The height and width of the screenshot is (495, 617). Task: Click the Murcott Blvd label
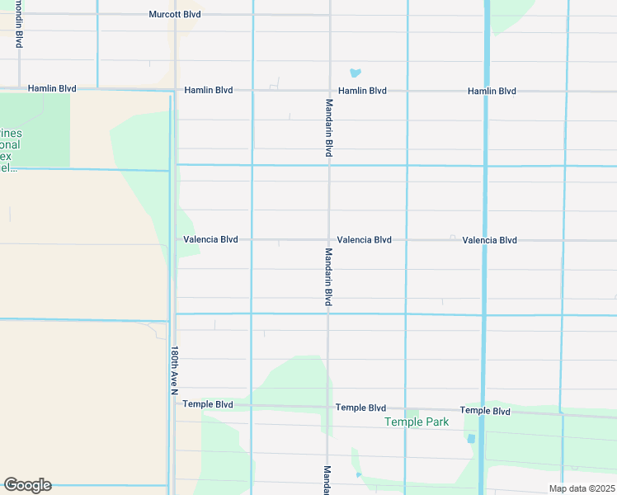pyautogui.click(x=174, y=15)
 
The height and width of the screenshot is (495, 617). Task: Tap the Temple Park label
pyautogui.click(x=417, y=422)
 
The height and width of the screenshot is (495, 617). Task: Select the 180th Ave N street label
pyautogui.click(x=174, y=369)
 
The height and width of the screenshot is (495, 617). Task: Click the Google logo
pyautogui.click(x=27, y=485)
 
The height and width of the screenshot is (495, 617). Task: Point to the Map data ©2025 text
pyautogui.click(x=582, y=488)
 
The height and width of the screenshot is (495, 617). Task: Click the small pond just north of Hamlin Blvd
pyautogui.click(x=356, y=73)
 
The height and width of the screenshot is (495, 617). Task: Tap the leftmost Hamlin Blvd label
pyautogui.click(x=53, y=87)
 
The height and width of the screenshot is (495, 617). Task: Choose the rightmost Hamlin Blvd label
pyautogui.click(x=492, y=91)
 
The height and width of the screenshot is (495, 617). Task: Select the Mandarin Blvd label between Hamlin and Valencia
pyautogui.click(x=328, y=128)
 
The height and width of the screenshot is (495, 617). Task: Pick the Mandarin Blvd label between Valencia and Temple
pyautogui.click(x=328, y=277)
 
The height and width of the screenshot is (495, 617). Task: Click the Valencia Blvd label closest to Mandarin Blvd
pyautogui.click(x=364, y=240)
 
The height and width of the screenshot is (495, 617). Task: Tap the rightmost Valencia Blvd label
pyautogui.click(x=489, y=240)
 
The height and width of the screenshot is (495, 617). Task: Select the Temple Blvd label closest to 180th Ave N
pyautogui.click(x=208, y=404)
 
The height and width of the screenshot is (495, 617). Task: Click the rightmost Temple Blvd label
pyautogui.click(x=485, y=411)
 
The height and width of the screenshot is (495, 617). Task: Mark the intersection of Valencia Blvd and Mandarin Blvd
pyautogui.click(x=328, y=240)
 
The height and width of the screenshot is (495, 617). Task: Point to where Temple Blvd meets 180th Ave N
pyautogui.click(x=174, y=403)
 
